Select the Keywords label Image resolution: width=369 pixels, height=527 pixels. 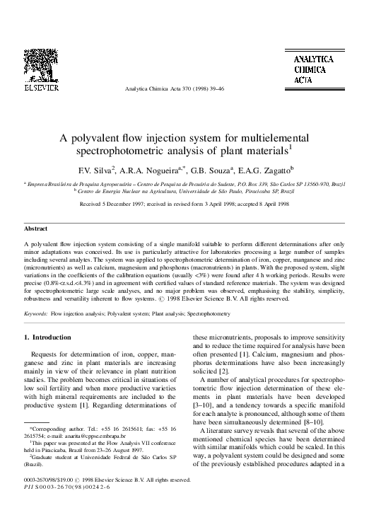point(37,312)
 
